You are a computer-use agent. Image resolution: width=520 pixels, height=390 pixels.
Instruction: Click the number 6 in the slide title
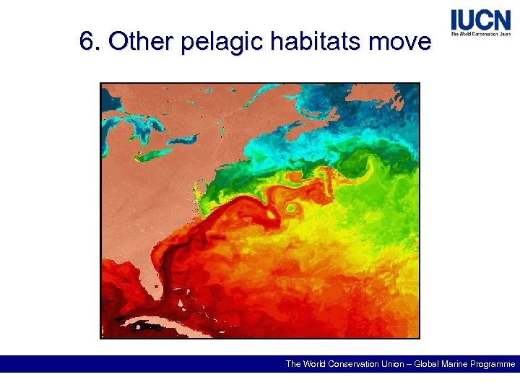tap(87, 43)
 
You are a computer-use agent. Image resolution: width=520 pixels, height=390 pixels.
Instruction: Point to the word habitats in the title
tap(314, 43)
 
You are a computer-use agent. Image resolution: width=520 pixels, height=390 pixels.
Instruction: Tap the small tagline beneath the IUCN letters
tap(480, 33)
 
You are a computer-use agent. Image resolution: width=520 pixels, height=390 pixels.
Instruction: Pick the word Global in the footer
tap(427, 364)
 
